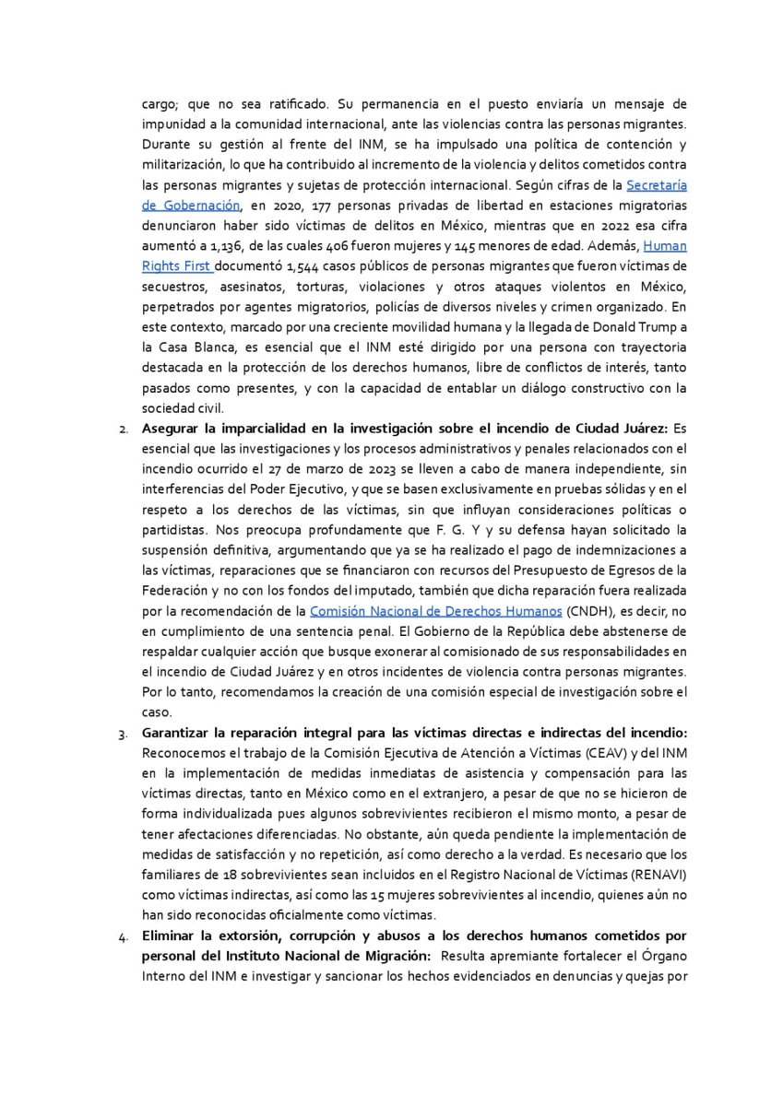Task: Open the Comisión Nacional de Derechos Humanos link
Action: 435,611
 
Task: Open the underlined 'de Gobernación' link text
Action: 191,206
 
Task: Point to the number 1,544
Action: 303,266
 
